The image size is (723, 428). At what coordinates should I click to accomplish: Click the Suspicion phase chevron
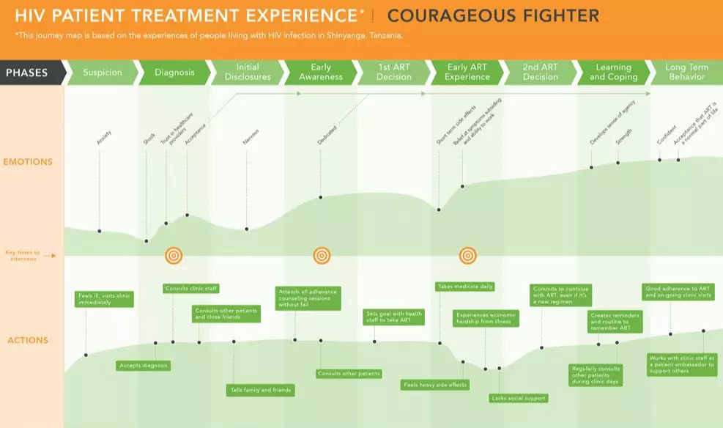pos(103,73)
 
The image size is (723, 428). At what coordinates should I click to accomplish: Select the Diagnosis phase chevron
pos(175,73)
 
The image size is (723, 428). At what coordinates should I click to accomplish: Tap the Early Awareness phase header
pos(321,72)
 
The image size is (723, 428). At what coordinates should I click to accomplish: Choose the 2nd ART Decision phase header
pos(541,72)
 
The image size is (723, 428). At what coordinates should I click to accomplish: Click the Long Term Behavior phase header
pos(686,72)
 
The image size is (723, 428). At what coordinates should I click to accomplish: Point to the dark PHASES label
pos(28,73)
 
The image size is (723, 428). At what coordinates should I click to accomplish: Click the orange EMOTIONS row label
pos(28,161)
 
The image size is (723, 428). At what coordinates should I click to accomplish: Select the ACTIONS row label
pos(28,340)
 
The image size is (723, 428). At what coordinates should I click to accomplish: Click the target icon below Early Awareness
pos(322,255)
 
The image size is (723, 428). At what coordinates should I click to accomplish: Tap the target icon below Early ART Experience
pos(467,255)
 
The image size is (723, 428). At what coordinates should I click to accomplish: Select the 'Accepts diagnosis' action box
pos(143,365)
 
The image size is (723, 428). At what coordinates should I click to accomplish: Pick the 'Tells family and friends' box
pos(259,390)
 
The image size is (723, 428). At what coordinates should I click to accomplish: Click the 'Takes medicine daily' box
pos(464,287)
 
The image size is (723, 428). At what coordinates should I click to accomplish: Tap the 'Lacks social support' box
pos(518,398)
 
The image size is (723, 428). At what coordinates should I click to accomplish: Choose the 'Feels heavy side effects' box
pos(435,384)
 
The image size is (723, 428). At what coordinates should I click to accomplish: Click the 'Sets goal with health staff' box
pos(394,316)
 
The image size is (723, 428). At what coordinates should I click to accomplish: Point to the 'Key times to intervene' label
pos(22,255)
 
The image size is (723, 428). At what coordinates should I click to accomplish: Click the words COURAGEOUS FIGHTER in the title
pos(493,15)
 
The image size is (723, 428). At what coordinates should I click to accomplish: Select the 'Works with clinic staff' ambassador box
pos(682,365)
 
